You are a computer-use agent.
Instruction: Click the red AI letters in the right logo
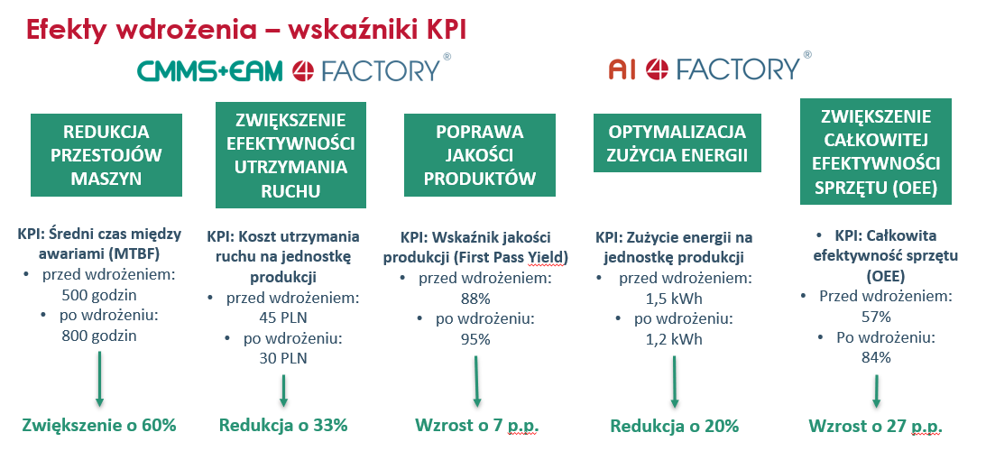pos(622,69)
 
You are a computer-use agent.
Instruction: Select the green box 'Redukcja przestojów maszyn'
pos(106,155)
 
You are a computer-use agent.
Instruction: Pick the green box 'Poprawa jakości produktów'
pos(480,155)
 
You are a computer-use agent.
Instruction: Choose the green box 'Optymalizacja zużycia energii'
pos(677,143)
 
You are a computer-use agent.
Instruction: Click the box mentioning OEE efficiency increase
pos(875,152)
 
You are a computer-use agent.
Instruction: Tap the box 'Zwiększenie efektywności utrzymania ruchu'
pos(290,155)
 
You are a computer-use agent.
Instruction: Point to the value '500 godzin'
pos(99,295)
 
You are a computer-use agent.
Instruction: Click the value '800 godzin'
pos(99,336)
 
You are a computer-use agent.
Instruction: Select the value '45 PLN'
pos(284,318)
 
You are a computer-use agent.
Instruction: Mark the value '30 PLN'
pos(284,358)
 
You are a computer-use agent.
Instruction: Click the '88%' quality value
pos(475,298)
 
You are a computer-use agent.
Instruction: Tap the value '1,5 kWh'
pos(674,299)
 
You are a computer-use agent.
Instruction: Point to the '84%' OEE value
pos(876,357)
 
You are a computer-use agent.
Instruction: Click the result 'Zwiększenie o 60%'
pos(98,425)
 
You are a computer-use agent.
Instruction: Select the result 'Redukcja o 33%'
pos(283,425)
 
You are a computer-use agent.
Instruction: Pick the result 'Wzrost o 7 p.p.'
pos(476,426)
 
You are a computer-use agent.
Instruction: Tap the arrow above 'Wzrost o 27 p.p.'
pos(875,390)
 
